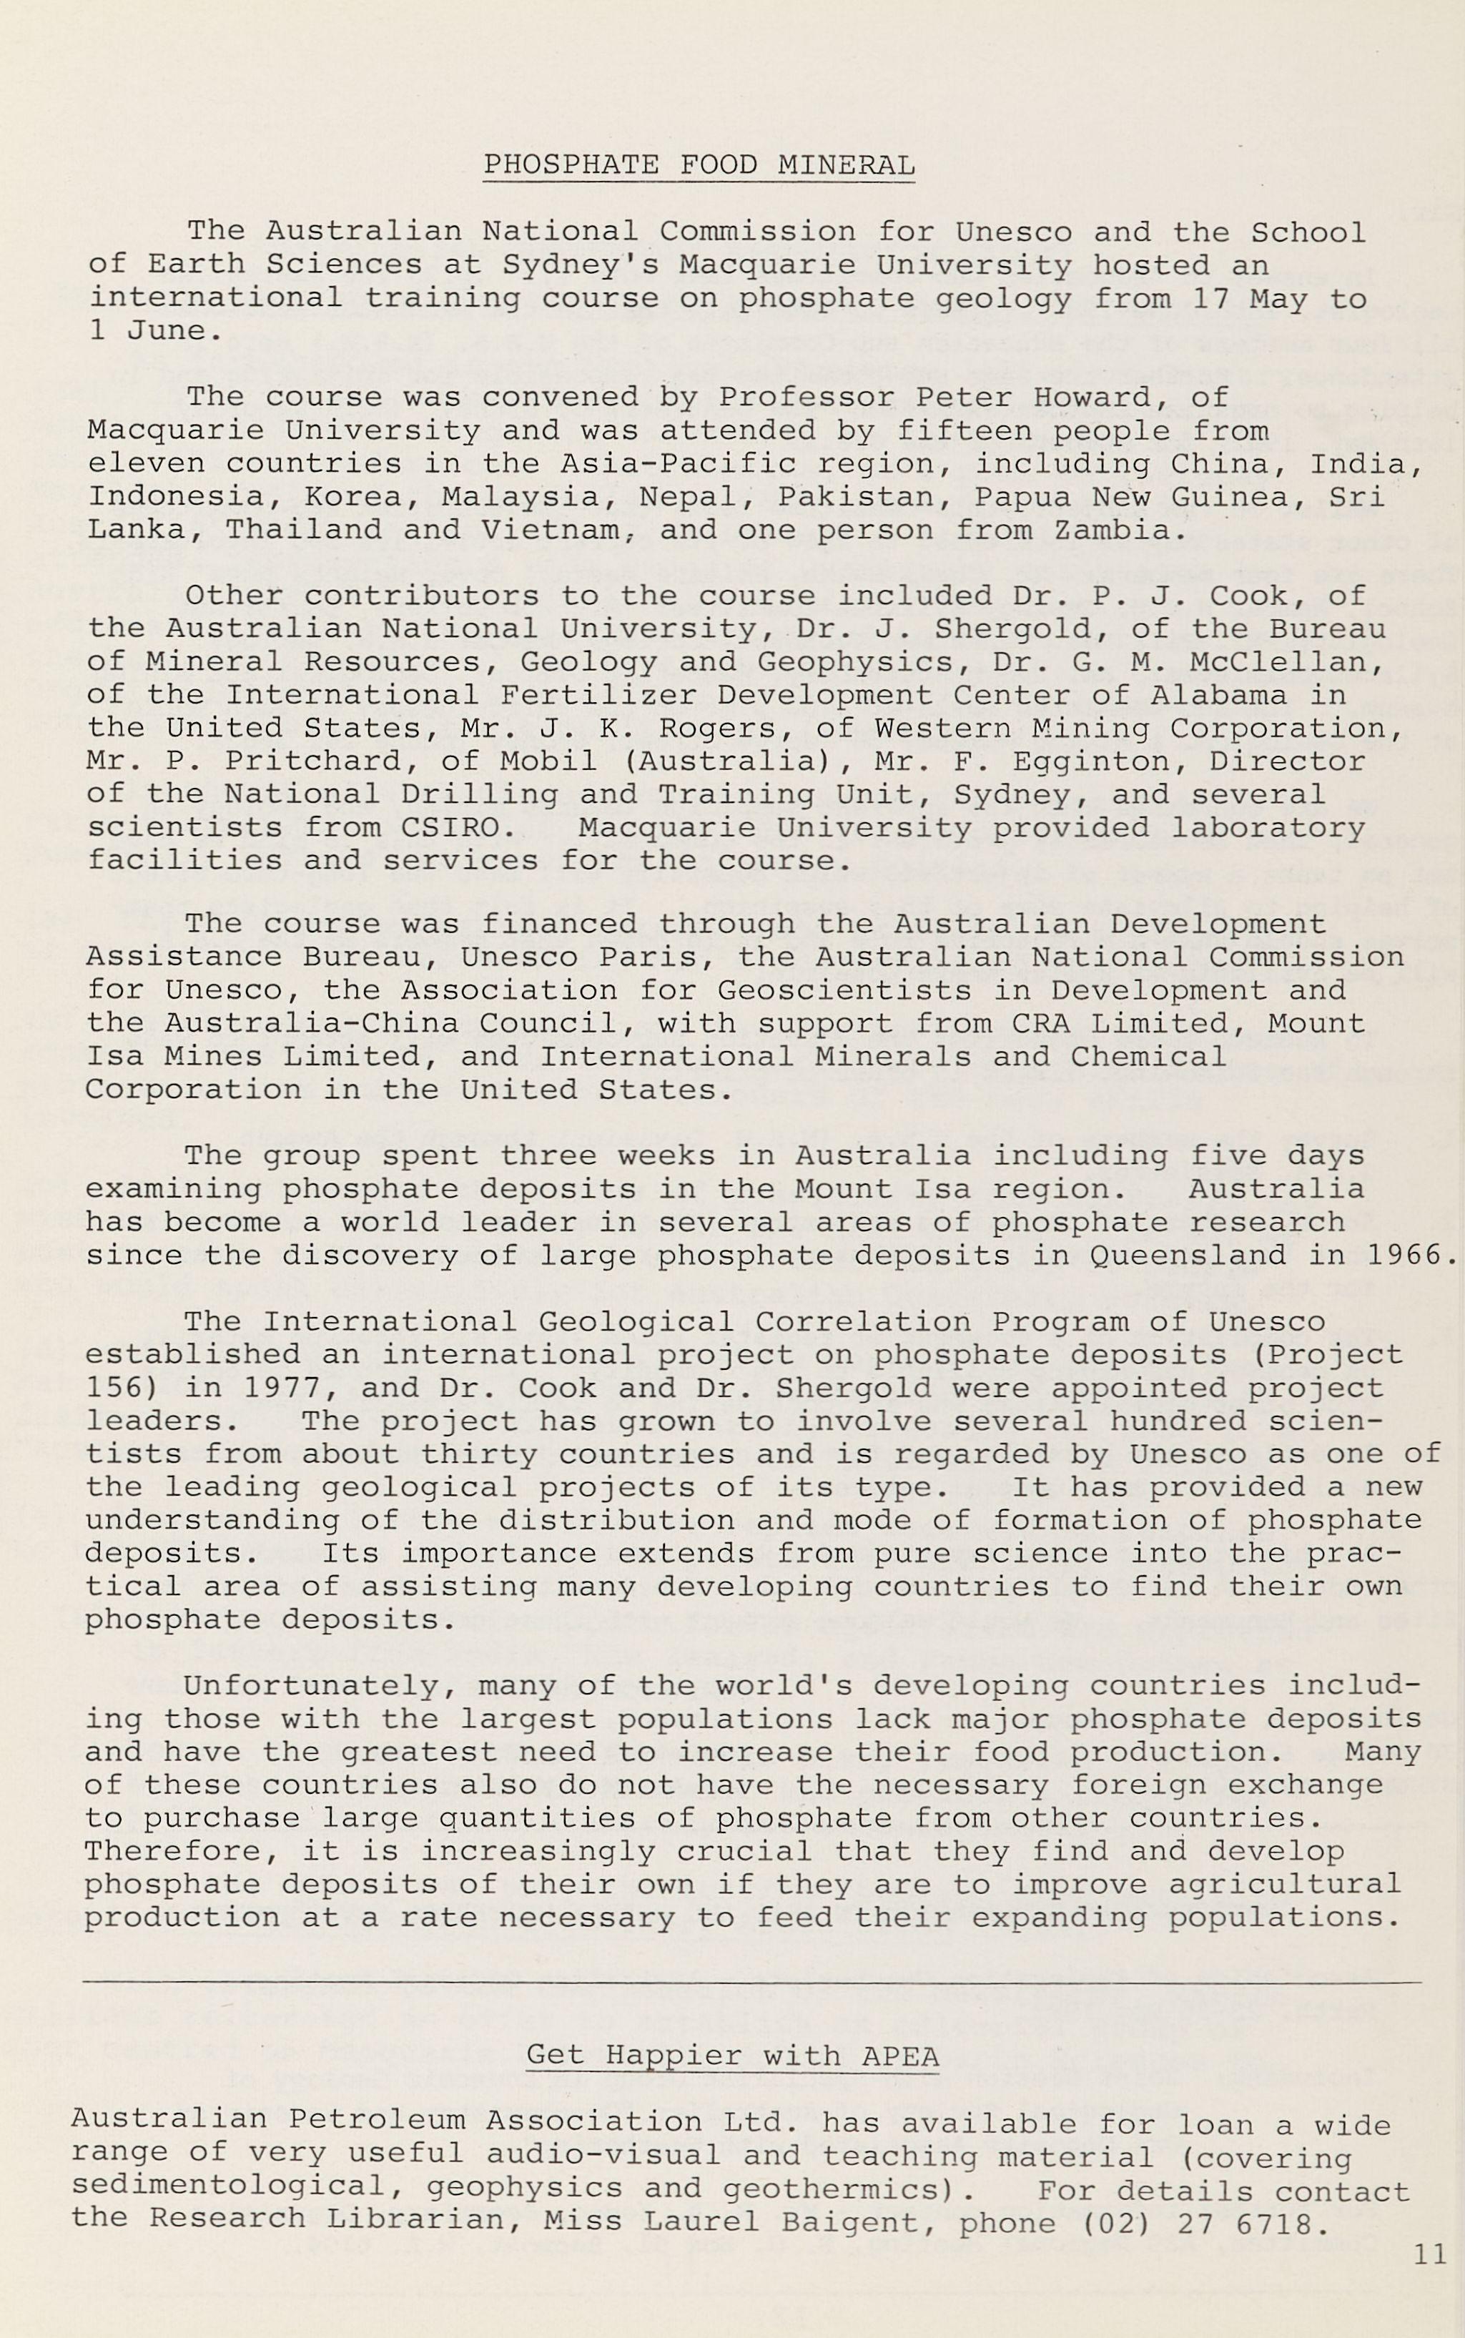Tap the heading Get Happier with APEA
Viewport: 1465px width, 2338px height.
click(x=731, y=2055)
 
